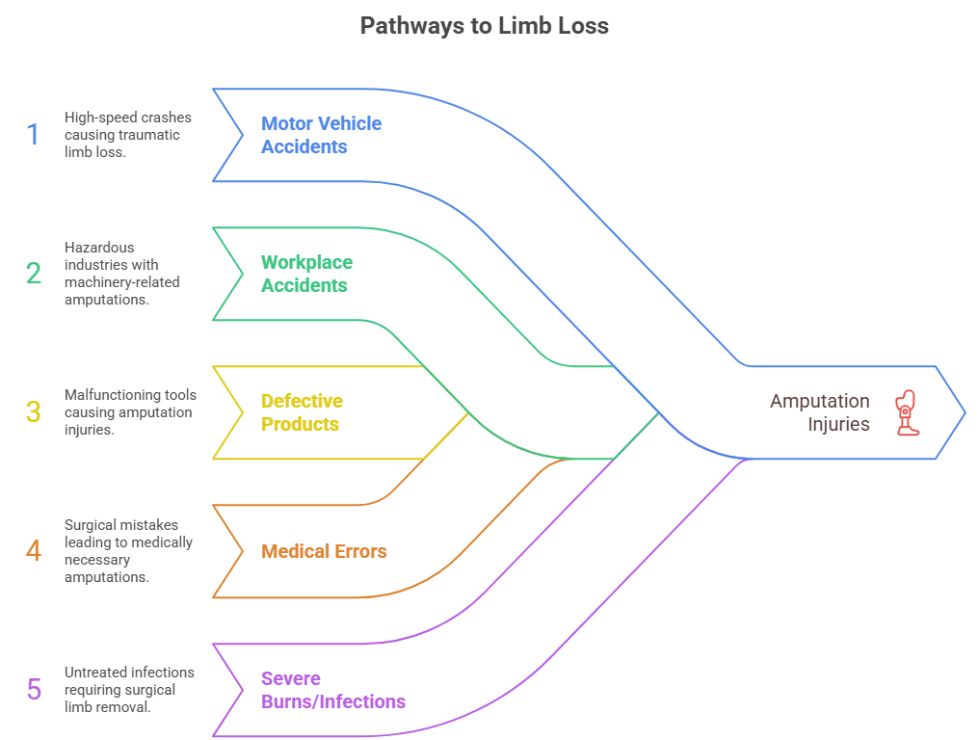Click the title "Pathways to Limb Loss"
tap(484, 26)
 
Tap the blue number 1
tap(34, 135)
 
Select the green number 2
tap(34, 274)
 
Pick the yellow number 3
tap(34, 412)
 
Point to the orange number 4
tap(34, 551)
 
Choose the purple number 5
tap(34, 690)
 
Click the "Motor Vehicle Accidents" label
tap(321, 135)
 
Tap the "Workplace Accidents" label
tap(306, 274)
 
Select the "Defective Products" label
tap(302, 412)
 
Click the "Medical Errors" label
tap(324, 551)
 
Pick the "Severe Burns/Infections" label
tap(332, 690)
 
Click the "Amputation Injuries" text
tap(819, 412)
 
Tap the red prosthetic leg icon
tap(906, 412)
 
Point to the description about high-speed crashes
tap(128, 135)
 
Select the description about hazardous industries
tap(122, 274)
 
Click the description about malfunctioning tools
tap(130, 412)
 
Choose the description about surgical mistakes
tap(128, 551)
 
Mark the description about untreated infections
tap(129, 690)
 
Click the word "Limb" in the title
tap(521, 26)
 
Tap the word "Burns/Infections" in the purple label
tap(332, 701)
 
